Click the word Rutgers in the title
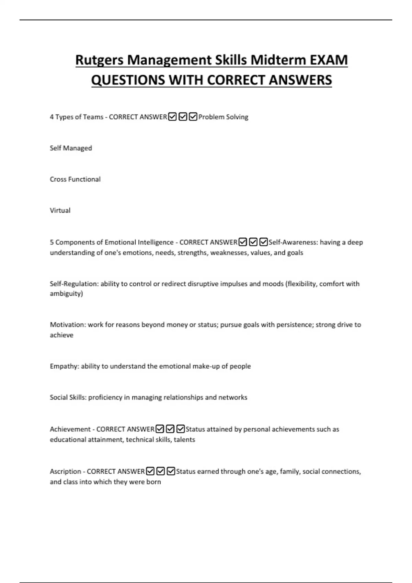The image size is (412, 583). click(99, 60)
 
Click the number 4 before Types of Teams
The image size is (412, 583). click(51, 117)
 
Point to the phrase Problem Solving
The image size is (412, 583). click(223, 117)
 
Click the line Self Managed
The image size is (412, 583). click(71, 148)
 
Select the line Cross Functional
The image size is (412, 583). click(75, 179)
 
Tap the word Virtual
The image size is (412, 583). click(60, 211)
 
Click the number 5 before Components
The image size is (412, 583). click(51, 242)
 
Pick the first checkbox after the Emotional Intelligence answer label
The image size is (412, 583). click(243, 242)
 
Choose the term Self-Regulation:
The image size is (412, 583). click(74, 284)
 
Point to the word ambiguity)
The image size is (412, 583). click(66, 294)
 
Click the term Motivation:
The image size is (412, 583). click(68, 325)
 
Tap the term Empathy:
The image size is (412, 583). click(65, 366)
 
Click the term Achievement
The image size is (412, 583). click(70, 429)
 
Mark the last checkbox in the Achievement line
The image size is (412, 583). click(180, 429)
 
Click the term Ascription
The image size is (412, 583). click(65, 472)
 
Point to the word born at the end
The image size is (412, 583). click(153, 482)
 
